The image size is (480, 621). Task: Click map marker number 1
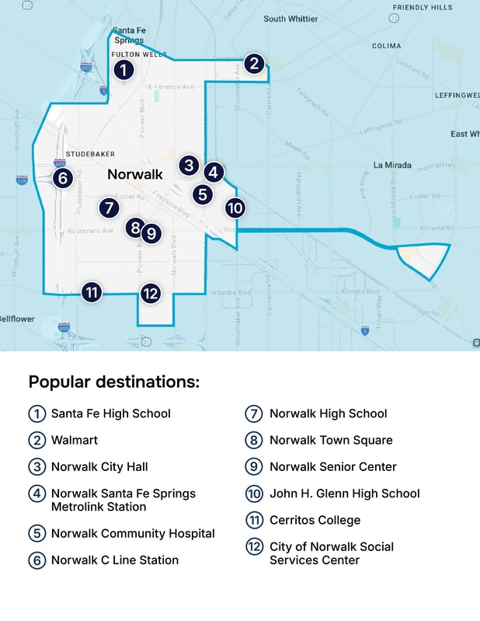coord(122,70)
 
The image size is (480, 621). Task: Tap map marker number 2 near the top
coord(254,64)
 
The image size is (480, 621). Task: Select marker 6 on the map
coord(63,178)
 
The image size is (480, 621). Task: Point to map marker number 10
coord(235,208)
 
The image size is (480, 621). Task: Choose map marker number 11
coord(92,292)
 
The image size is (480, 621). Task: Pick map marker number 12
coord(150,293)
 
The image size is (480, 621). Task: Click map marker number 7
coord(109,208)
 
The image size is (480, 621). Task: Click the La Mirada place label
coord(390,165)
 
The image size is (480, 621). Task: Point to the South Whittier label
coord(290,19)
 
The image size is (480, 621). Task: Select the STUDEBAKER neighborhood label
coord(90,154)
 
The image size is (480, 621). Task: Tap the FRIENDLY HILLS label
coord(422,7)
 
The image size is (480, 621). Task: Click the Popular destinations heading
coord(114,382)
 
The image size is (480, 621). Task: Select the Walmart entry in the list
coord(75,440)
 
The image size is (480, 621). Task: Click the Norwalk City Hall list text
coord(99,466)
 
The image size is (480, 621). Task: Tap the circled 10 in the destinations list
coord(254,494)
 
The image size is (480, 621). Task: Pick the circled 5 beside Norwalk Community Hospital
coord(36,533)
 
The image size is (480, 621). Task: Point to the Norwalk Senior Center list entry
coord(332,466)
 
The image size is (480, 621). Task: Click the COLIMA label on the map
coord(386,46)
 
